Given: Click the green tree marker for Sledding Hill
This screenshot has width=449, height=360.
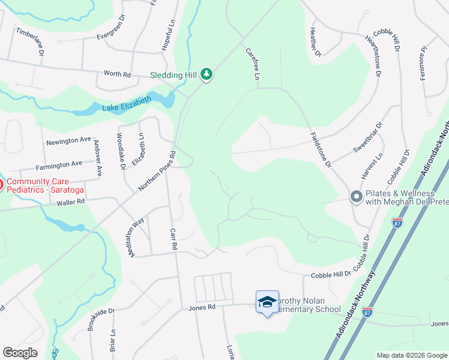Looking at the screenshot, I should pyautogui.click(x=206, y=74).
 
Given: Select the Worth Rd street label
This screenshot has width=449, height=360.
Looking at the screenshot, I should pyautogui.click(x=117, y=74).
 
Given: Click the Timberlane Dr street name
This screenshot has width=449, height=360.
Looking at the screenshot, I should pyautogui.click(x=31, y=41).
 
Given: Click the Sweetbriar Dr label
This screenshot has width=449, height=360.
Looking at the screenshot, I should pyautogui.click(x=367, y=137).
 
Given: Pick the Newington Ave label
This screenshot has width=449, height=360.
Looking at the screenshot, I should pyautogui.click(x=69, y=140).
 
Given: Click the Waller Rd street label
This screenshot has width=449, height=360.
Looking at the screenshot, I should pyautogui.click(x=73, y=203).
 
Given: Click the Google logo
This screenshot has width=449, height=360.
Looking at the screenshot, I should pyautogui.click(x=20, y=353).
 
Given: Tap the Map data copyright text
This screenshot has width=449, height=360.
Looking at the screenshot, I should pyautogui.click(x=411, y=355).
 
